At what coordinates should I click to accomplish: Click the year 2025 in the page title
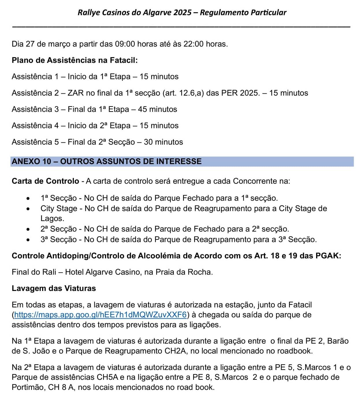click(182, 12)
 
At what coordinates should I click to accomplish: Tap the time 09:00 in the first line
click(125, 44)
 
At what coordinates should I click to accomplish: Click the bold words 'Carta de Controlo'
click(45, 181)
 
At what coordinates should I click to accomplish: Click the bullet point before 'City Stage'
click(28, 209)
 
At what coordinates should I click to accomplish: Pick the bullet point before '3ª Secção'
click(28, 240)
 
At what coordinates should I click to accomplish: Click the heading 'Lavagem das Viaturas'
click(54, 288)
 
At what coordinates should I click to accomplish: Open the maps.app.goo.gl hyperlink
click(100, 315)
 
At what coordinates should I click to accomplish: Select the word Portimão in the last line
click(28, 387)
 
